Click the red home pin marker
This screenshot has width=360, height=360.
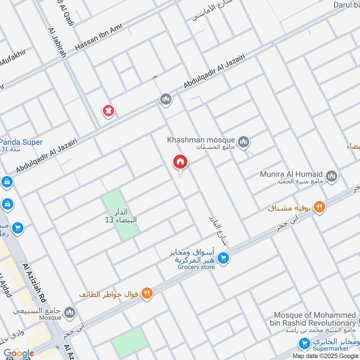(180, 162)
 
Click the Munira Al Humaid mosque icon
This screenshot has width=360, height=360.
(332, 175)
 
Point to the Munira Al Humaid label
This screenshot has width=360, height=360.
(291, 174)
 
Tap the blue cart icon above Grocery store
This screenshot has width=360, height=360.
(223, 258)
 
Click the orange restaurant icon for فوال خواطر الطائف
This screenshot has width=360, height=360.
(147, 294)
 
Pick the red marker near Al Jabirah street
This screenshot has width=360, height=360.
(108, 111)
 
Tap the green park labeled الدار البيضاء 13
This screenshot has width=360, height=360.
(120, 215)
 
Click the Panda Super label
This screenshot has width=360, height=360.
(22, 142)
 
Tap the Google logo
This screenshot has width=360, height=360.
(19, 353)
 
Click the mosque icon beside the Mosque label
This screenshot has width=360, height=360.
(70, 312)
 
